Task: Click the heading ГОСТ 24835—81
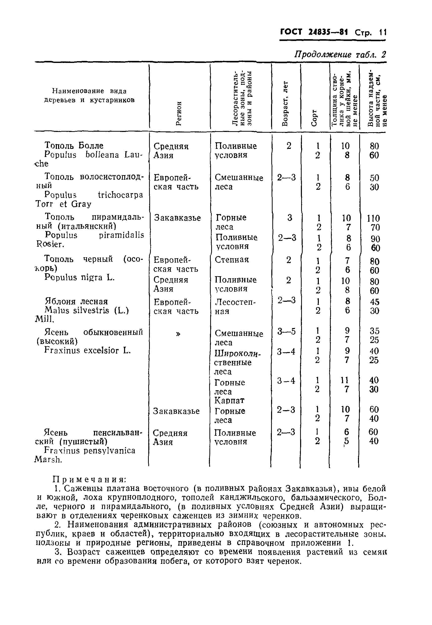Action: click(314, 32)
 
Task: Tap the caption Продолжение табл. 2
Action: click(340, 54)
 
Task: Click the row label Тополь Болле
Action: click(74, 145)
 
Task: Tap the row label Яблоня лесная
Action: click(76, 302)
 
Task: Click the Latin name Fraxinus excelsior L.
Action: click(87, 351)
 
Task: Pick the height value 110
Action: click(374, 218)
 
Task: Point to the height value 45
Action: click(374, 302)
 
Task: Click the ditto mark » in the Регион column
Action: click(178, 334)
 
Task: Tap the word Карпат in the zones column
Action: click(229, 400)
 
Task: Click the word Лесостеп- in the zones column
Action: click(235, 302)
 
